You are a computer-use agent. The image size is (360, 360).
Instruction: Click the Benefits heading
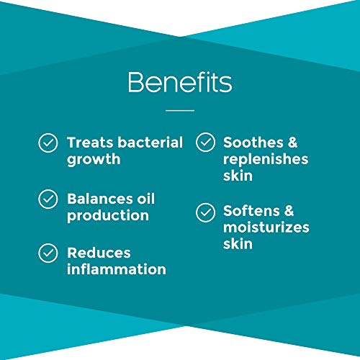[x=179, y=83]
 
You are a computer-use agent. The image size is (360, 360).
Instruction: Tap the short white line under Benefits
[x=179, y=110]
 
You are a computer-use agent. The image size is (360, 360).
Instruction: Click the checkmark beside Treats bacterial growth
[x=48, y=143]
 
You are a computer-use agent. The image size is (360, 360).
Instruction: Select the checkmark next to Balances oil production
[x=48, y=198]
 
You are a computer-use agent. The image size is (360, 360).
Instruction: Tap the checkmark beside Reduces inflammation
[x=48, y=253]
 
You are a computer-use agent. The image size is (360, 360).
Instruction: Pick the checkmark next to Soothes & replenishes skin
[x=206, y=143]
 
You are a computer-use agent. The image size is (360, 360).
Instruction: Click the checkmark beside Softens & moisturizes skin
[x=206, y=212]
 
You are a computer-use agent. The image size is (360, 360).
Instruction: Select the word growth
[x=94, y=160]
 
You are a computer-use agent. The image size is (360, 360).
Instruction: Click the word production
[x=108, y=215]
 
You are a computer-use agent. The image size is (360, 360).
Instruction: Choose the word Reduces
[x=99, y=253]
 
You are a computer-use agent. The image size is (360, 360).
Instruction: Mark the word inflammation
[x=117, y=270]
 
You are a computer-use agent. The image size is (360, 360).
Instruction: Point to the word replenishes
[x=266, y=160]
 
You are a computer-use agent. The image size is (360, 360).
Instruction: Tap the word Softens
[x=249, y=212]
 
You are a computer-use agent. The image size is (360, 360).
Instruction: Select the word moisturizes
[x=266, y=228]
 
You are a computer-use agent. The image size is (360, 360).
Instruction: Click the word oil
[x=144, y=198]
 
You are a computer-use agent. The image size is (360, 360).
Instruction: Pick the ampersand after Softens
[x=287, y=212]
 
